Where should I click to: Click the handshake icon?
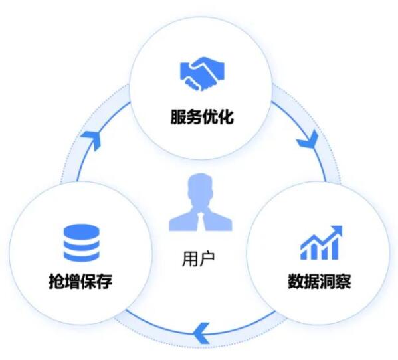(x=202, y=74)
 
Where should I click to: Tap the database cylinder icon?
(x=82, y=243)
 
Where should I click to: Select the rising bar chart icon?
(x=322, y=242)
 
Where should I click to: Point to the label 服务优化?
(x=202, y=117)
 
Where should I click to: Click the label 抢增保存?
(x=80, y=281)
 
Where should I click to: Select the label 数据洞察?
(x=320, y=281)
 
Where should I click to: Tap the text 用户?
(x=199, y=259)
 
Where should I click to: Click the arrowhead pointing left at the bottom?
(x=201, y=333)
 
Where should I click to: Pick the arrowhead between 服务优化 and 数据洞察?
(x=308, y=139)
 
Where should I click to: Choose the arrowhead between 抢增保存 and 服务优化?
(x=92, y=140)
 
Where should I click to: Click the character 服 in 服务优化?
(x=179, y=117)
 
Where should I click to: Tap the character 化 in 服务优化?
(x=226, y=117)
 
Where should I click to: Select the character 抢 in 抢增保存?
(x=56, y=281)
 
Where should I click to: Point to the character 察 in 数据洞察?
(x=344, y=281)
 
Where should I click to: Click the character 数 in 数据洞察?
(x=296, y=281)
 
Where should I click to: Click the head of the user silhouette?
(x=201, y=187)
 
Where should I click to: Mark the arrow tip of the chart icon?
(x=342, y=226)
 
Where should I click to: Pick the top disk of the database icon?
(x=82, y=232)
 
